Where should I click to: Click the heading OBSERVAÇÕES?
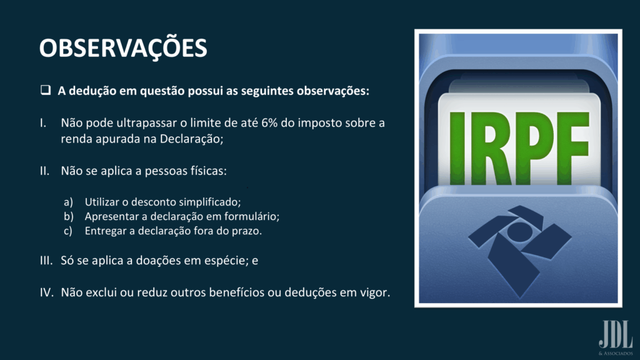[123, 48]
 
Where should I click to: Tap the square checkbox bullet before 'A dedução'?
[46, 90]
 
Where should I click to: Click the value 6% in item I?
[269, 123]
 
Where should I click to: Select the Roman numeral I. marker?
[43, 123]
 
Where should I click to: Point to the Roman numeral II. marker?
[44, 171]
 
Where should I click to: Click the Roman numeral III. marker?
[46, 261]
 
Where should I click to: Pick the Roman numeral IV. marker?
[46, 292]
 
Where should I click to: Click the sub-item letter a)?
[68, 202]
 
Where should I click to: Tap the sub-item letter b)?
[69, 216]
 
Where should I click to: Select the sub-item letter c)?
[67, 231]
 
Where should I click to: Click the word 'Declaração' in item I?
[191, 139]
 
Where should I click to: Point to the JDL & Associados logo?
[616, 338]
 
